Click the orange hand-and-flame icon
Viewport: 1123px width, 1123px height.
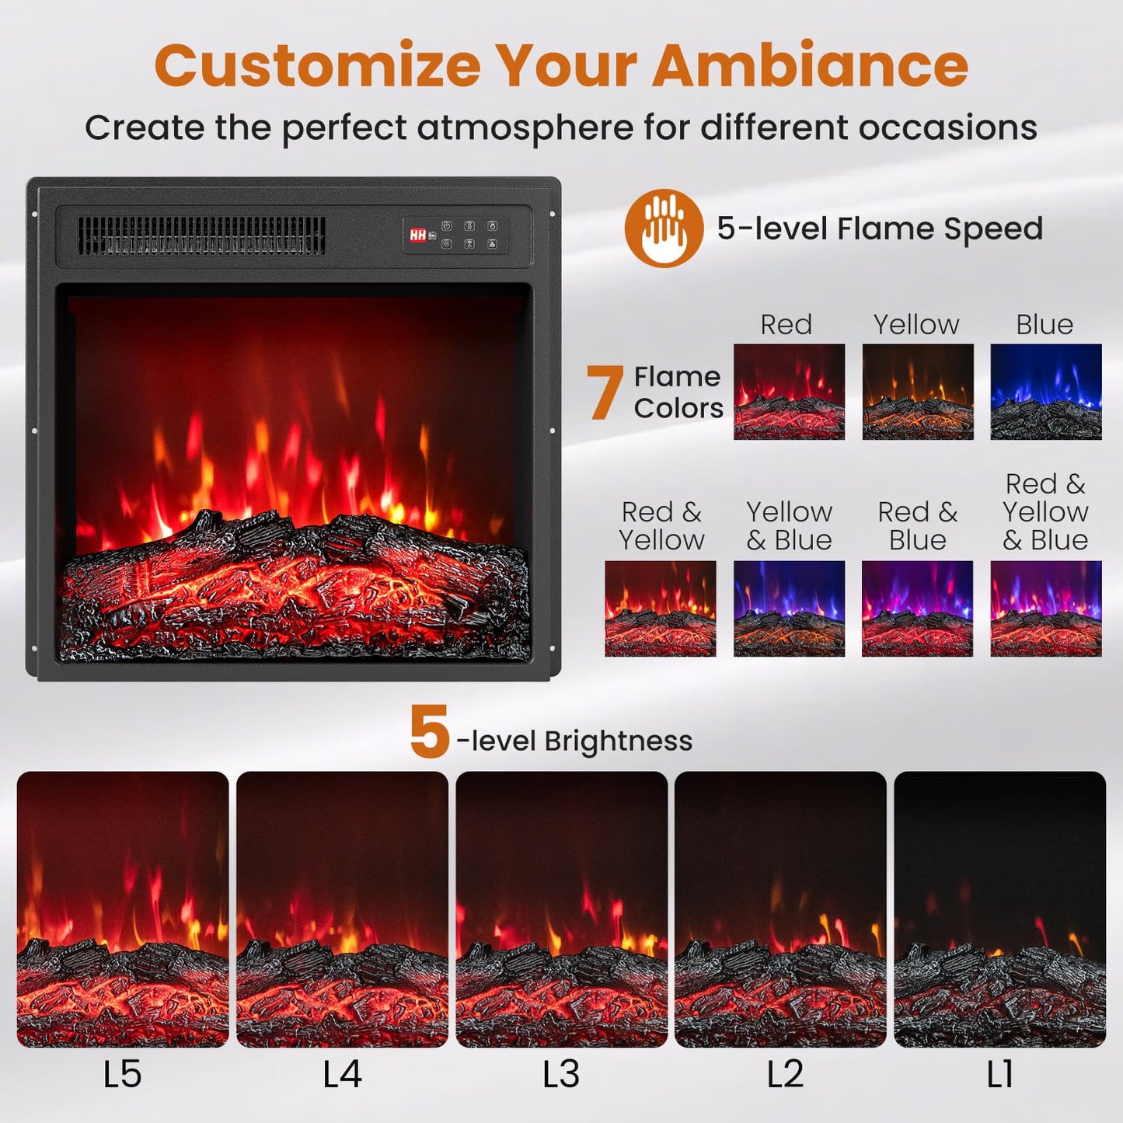tap(664, 228)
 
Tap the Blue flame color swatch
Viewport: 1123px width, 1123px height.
tap(1045, 392)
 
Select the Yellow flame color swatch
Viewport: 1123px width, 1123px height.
tap(917, 392)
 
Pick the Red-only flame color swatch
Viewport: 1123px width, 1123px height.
tap(789, 392)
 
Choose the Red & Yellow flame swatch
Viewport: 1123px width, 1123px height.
tap(660, 609)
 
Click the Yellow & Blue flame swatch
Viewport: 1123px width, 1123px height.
tap(789, 609)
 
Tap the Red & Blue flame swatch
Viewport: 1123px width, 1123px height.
tap(917, 609)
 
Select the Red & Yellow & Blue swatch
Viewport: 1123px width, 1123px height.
tap(1045, 609)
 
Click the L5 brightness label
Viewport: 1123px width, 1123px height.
tap(122, 1074)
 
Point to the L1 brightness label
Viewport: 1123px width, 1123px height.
tap(999, 1074)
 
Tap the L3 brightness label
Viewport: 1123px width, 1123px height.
tap(561, 1074)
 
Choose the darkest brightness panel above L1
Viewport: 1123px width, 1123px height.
tap(999, 909)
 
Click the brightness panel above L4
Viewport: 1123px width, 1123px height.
tap(342, 909)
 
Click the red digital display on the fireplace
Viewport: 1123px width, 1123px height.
tap(418, 235)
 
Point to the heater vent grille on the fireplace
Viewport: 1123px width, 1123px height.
tap(201, 235)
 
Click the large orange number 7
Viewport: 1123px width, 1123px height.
tap(605, 392)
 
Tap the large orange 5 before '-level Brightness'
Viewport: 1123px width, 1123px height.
tap(429, 732)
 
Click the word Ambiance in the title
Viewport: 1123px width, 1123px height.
tap(810, 65)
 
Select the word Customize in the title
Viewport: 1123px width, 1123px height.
tap(318, 65)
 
